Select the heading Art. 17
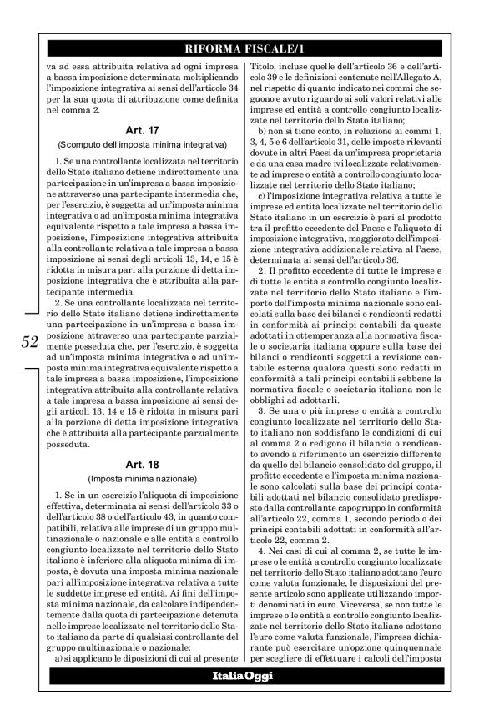click(x=138, y=130)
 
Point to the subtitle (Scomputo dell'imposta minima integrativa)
click(x=138, y=144)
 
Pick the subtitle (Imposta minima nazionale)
click(x=138, y=479)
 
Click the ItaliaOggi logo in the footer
click(x=241, y=673)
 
